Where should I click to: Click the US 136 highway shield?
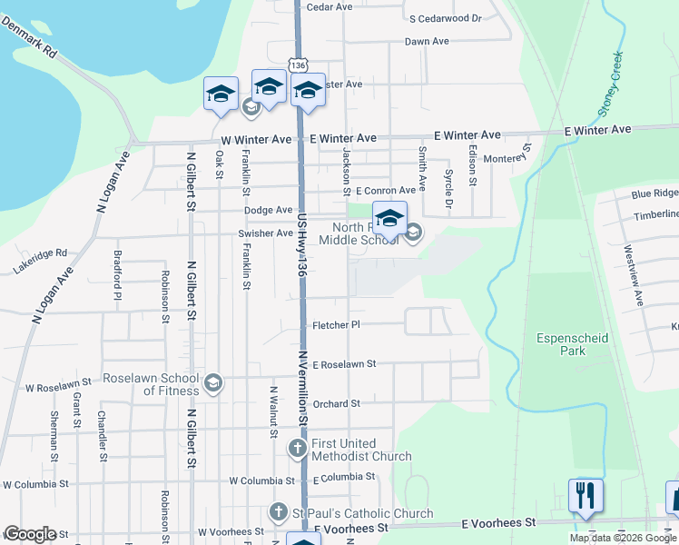coord(297,64)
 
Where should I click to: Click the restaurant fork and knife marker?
coord(586,496)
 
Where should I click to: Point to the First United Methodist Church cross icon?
coord(298,448)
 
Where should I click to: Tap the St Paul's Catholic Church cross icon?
coord(279,514)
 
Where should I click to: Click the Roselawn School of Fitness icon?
coord(212,383)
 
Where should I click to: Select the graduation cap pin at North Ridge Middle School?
coord(389,220)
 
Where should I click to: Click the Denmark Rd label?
coord(29,37)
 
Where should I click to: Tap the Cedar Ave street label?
coord(330,7)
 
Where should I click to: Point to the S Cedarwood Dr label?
coord(445,18)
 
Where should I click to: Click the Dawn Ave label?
coord(427,42)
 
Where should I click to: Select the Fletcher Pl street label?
coord(337,324)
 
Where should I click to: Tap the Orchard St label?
coord(336,403)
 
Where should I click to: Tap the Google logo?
coord(30,534)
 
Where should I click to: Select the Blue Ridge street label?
coord(654,193)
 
